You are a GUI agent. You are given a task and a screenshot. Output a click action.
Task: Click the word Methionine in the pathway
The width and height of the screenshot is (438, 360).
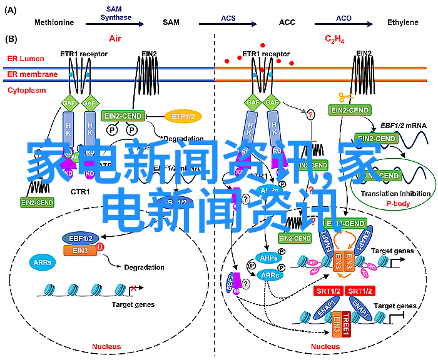tap(54, 22)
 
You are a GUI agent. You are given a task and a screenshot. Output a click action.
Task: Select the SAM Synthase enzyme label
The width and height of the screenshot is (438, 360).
tap(113, 14)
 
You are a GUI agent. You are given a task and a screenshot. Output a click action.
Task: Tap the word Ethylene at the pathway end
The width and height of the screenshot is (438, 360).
tap(402, 22)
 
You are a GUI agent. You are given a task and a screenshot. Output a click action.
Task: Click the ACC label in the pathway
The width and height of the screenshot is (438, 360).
tap(287, 22)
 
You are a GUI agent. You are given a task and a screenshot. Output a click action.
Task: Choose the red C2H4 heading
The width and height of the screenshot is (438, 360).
tap(334, 39)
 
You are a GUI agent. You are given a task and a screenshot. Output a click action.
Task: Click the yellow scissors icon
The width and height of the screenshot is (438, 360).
tap(345, 97)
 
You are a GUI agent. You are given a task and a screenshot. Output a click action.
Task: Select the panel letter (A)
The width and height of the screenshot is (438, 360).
tap(9, 10)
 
